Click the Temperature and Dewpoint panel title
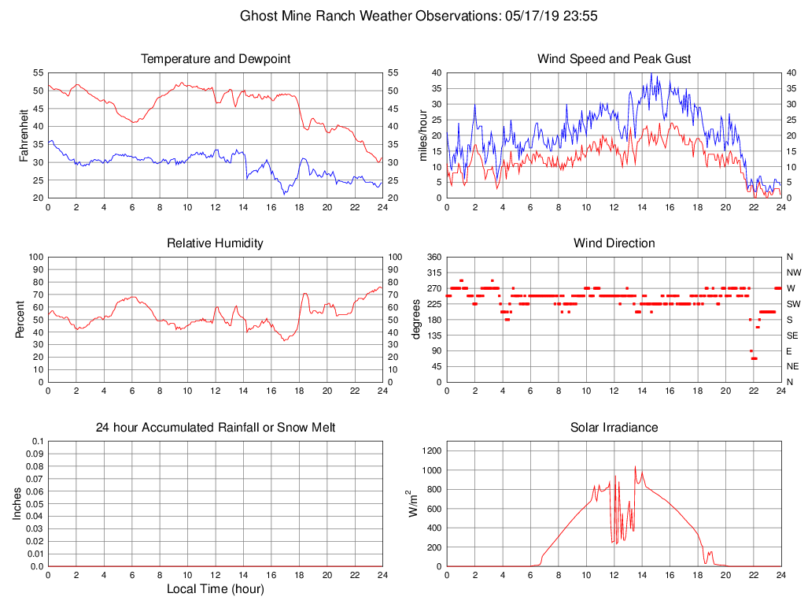[216, 59]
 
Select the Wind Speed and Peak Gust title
[614, 59]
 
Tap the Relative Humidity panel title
[216, 243]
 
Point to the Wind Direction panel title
[614, 243]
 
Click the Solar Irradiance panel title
[614, 428]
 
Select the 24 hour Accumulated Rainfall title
[216, 428]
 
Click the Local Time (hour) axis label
[216, 589]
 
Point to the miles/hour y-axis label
[422, 135]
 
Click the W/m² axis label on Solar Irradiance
[411, 504]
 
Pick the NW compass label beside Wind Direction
[793, 272]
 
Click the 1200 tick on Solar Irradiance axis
[431, 451]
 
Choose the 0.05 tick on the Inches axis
[35, 504]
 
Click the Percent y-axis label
[20, 320]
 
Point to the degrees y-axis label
[417, 320]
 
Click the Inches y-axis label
[17, 504]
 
